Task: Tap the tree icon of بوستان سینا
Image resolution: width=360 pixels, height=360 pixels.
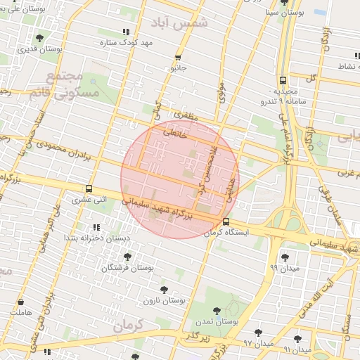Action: (x=284, y=2)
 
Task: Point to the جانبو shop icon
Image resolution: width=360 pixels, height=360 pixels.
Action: (x=179, y=58)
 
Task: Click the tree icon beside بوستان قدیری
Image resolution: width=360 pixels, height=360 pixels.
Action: (x=39, y=38)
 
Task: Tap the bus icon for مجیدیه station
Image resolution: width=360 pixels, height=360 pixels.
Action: (x=283, y=80)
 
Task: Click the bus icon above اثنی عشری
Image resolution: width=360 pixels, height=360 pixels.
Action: (x=89, y=188)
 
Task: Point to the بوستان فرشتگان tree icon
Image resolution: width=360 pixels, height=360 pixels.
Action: (x=127, y=257)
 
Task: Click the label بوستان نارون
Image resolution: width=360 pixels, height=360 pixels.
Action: (x=164, y=300)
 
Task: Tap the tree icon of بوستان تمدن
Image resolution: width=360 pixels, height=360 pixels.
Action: (x=216, y=309)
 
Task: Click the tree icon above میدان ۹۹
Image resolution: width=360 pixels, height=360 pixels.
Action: (x=285, y=257)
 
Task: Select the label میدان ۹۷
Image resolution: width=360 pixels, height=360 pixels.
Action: (x=257, y=343)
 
